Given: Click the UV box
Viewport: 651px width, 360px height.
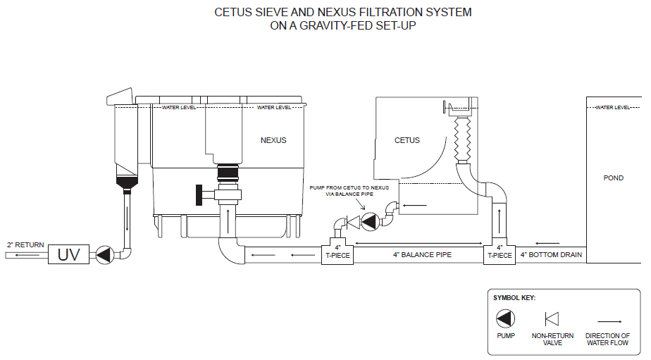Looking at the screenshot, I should click(x=68, y=254).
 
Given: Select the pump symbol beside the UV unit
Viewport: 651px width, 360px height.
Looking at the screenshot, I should click(x=104, y=254).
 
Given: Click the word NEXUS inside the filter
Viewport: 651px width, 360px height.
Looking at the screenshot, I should click(x=273, y=140).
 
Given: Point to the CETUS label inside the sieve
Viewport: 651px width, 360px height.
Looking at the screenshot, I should click(x=407, y=140).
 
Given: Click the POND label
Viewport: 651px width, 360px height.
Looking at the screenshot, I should click(x=614, y=178).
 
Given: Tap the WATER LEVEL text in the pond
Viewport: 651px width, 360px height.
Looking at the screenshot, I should click(x=613, y=108).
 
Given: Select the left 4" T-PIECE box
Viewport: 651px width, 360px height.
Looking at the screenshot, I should click(x=338, y=252).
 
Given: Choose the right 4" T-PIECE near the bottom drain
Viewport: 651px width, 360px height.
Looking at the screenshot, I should click(x=500, y=252).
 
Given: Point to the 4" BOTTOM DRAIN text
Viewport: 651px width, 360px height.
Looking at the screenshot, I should click(x=551, y=254).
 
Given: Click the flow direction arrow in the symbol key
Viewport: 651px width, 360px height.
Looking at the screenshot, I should click(x=607, y=318).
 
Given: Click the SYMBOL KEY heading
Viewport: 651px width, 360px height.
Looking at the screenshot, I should click(x=514, y=298).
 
